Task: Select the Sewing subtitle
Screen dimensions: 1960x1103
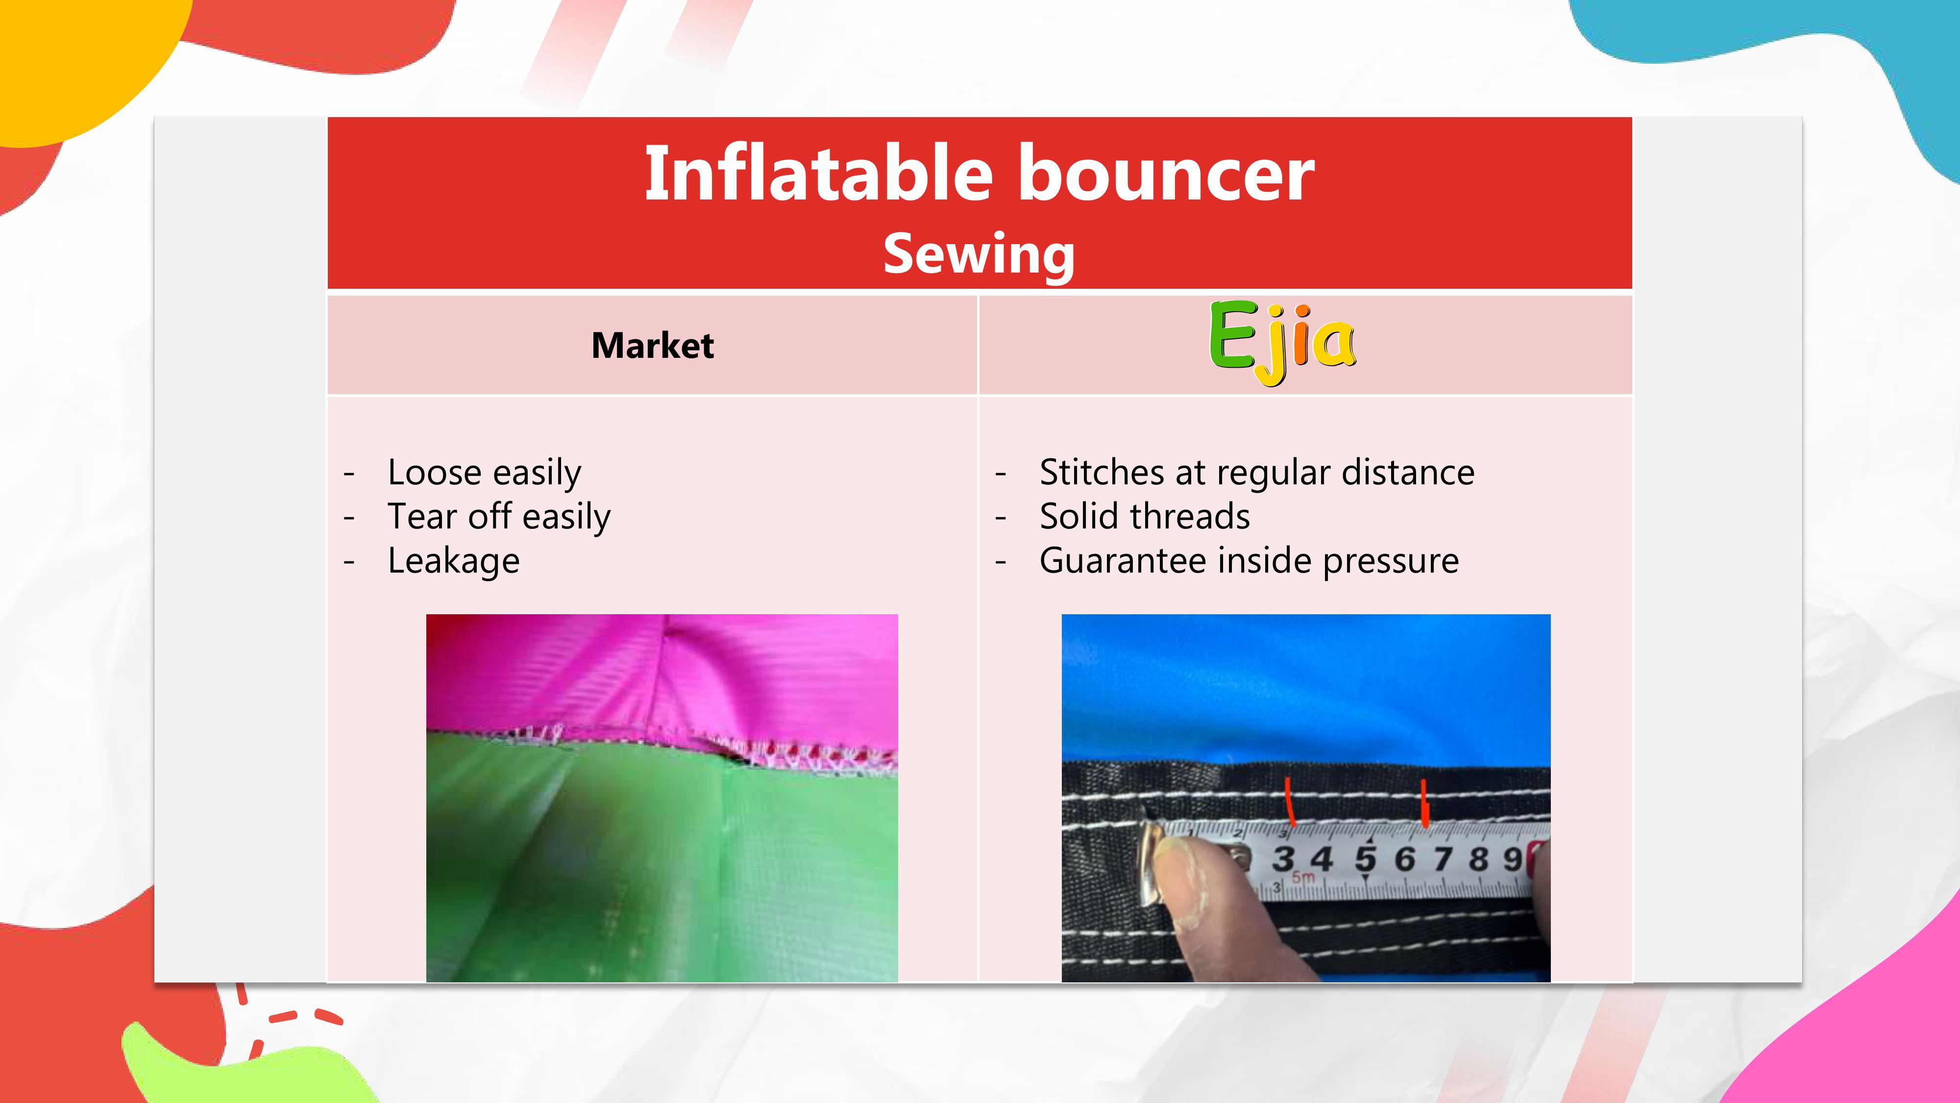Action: point(979,254)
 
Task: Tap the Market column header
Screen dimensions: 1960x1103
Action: point(653,346)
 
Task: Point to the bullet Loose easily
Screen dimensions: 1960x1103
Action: point(484,473)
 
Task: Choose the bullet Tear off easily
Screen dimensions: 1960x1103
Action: point(499,517)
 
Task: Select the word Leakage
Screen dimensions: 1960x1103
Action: point(453,561)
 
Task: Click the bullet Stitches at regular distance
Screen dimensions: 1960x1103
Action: point(1257,473)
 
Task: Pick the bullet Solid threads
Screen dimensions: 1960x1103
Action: point(1144,517)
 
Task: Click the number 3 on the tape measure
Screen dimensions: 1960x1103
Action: point(1284,859)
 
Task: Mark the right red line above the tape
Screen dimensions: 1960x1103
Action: point(1425,803)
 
